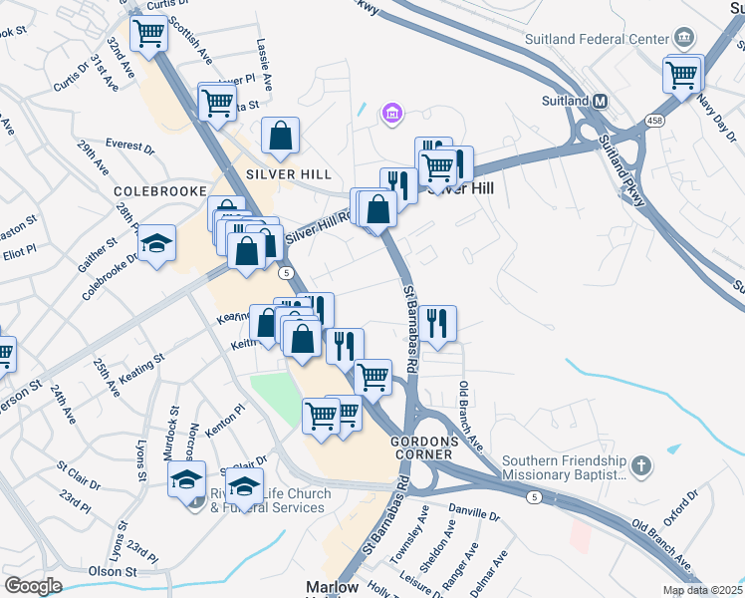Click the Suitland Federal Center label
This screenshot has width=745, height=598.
[597, 39]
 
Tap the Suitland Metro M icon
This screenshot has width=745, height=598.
[601, 101]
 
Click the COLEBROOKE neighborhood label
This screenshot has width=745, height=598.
[159, 190]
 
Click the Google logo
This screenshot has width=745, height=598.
[33, 585]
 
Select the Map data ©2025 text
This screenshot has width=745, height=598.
[703, 590]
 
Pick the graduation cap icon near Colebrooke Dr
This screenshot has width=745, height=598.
[156, 243]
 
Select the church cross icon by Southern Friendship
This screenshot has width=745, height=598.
[642, 465]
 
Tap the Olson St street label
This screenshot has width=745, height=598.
[113, 571]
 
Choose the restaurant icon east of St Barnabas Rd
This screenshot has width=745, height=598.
[437, 322]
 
